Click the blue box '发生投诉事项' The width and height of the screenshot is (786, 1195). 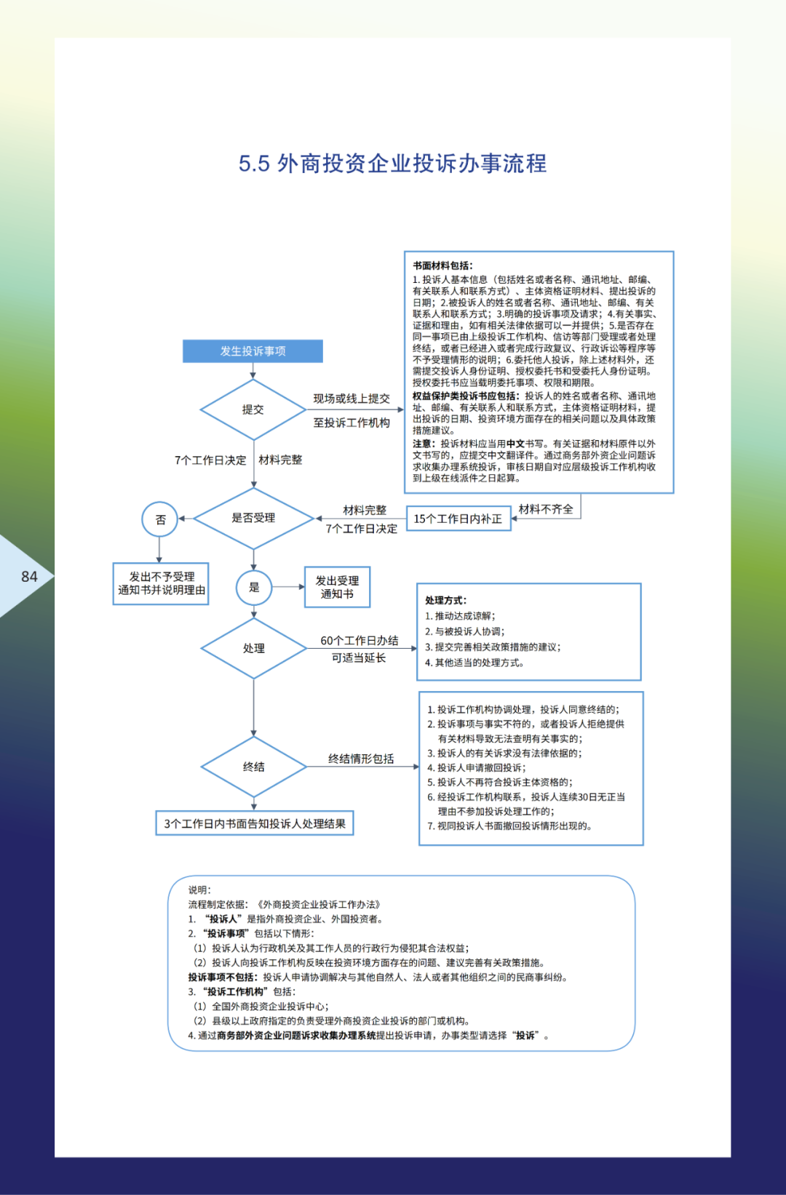point(253,351)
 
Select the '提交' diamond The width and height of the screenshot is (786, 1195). point(253,409)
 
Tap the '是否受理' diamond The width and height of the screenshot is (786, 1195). point(253,518)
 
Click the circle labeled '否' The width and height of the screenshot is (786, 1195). point(160,519)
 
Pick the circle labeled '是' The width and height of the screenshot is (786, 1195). point(254,587)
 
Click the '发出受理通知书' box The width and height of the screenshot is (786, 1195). point(337,587)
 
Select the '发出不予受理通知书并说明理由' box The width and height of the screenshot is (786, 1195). point(161,583)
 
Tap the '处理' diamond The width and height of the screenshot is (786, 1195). point(253,648)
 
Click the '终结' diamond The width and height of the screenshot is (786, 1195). point(253,767)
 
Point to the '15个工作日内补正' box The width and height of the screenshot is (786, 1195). point(458,519)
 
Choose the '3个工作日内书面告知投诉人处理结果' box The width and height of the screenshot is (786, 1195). point(255,823)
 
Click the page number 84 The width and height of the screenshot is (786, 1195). point(29,577)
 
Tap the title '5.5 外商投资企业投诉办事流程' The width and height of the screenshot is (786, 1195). point(392,164)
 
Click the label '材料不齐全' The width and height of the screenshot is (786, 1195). point(546,509)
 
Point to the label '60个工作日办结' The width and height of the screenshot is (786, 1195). point(360,641)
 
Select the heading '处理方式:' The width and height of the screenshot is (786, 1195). point(445,600)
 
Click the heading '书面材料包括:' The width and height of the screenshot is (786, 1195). point(442,265)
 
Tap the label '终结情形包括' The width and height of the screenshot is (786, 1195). point(361,759)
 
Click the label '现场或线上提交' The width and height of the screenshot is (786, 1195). point(352,399)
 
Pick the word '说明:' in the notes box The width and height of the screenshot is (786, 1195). point(199,890)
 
